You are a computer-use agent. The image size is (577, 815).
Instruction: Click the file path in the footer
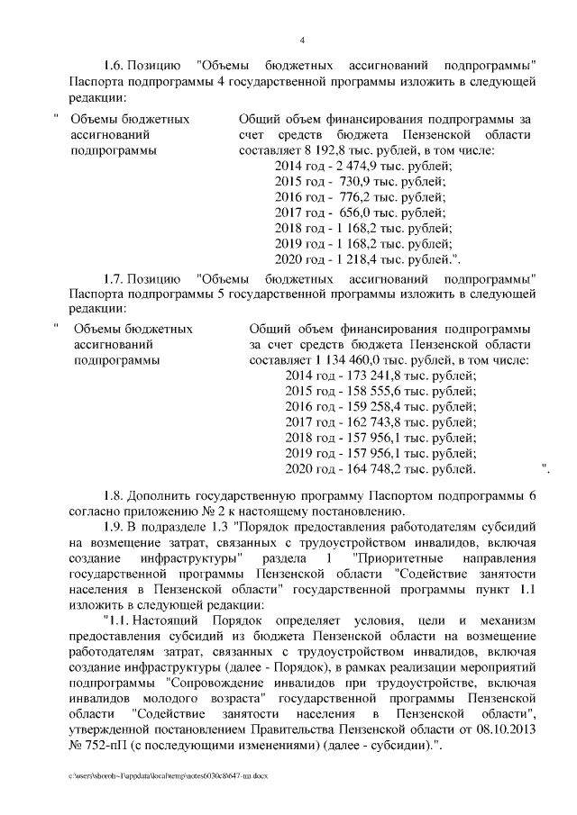coord(168,774)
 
